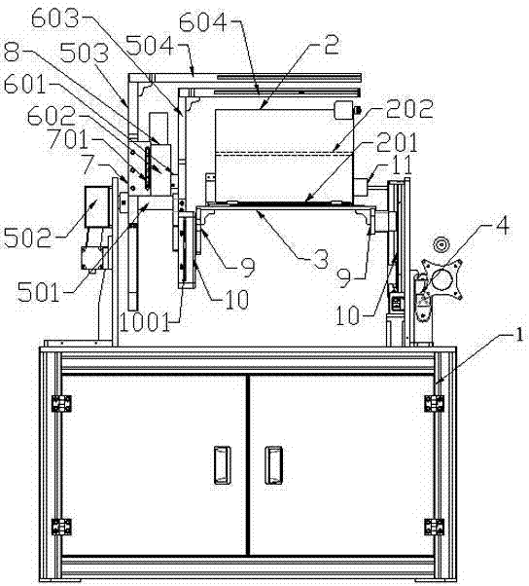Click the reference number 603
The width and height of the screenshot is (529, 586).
[55, 18]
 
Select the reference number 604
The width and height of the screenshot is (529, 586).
[203, 22]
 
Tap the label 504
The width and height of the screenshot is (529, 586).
[150, 46]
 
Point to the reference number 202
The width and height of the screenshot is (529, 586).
[409, 108]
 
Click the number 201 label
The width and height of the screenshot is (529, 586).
[397, 143]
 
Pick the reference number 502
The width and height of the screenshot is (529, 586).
[27, 238]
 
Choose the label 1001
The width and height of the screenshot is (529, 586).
[145, 321]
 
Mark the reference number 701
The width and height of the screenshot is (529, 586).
[69, 139]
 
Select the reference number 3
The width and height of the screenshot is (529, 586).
[321, 259]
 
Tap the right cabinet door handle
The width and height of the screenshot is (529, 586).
[273, 464]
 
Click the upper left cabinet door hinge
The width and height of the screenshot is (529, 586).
[61, 404]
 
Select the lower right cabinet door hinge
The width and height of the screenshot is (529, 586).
[434, 527]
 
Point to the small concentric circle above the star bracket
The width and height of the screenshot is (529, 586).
[441, 244]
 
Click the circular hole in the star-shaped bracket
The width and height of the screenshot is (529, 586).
[441, 278]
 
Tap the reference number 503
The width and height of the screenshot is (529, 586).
[85, 54]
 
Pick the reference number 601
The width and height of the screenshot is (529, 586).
[24, 86]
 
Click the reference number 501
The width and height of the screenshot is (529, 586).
[39, 291]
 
